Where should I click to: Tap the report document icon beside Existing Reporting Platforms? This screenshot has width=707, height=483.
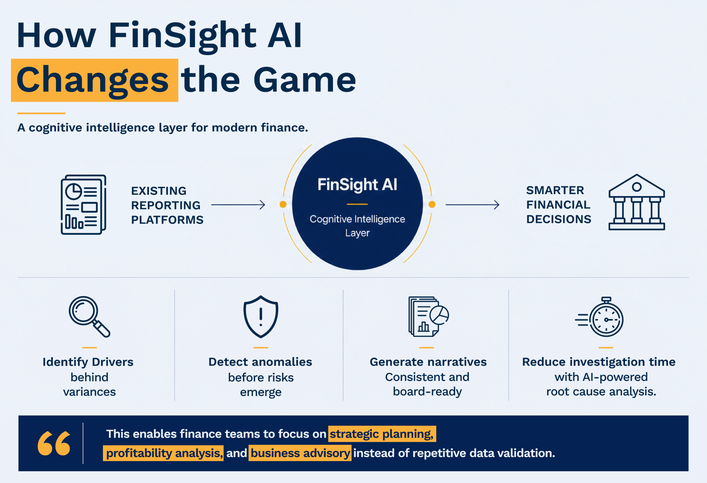click(84, 204)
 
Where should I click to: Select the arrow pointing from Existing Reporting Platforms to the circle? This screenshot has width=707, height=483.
click(238, 205)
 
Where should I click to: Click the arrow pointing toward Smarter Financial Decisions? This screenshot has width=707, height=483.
click(472, 205)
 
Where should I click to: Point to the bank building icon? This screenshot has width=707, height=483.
click(637, 202)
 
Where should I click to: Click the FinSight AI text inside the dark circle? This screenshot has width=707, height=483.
click(357, 185)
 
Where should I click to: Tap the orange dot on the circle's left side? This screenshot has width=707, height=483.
click(283, 204)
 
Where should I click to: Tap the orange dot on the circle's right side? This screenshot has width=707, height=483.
click(432, 204)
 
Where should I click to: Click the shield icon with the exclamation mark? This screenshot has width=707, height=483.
click(261, 317)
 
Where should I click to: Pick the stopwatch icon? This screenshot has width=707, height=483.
click(599, 317)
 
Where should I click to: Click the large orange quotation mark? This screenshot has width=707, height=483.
click(54, 443)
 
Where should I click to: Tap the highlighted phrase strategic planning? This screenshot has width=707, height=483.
click(382, 434)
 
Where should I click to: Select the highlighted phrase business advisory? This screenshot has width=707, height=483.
click(300, 453)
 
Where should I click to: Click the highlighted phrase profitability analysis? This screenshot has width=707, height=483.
click(163, 453)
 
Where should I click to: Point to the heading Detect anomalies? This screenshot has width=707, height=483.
click(260, 362)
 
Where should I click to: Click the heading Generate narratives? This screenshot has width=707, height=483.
click(428, 362)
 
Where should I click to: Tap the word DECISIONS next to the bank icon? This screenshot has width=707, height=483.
click(559, 219)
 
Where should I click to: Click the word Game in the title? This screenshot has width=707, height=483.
click(305, 80)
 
